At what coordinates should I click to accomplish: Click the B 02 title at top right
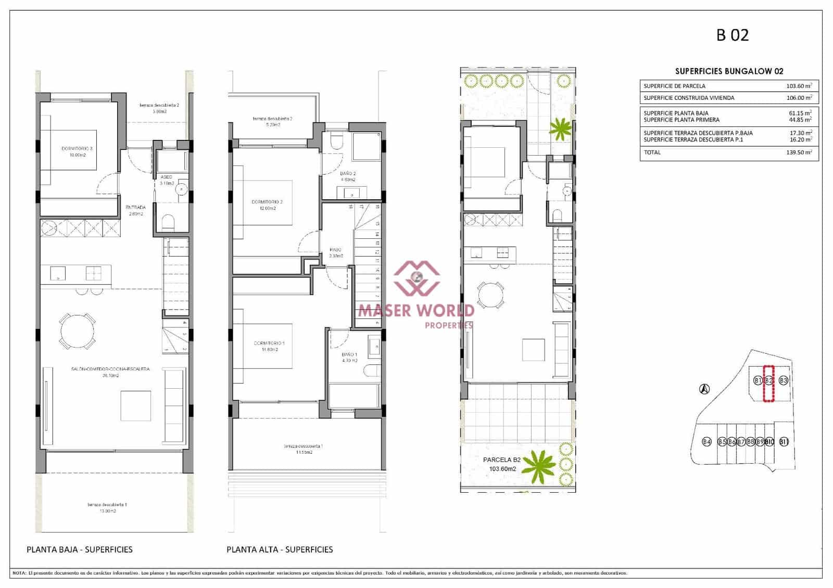pyautogui.click(x=733, y=35)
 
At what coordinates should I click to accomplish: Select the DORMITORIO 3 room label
pyautogui.click(x=77, y=149)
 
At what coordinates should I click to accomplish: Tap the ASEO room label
pyautogui.click(x=166, y=177)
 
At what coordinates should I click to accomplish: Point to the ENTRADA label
pyautogui.click(x=135, y=208)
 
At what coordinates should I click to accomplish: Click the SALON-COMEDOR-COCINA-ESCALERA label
pyautogui.click(x=110, y=369)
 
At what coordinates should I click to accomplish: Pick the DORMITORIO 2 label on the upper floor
pyautogui.click(x=267, y=202)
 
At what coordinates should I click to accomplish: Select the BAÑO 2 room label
pyautogui.click(x=348, y=174)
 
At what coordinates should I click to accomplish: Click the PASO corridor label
pyautogui.click(x=336, y=249)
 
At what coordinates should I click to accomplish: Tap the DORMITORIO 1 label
pyautogui.click(x=269, y=343)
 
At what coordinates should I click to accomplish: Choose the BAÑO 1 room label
pyautogui.click(x=349, y=355)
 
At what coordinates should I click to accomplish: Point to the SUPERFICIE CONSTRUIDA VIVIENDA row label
pyautogui.click(x=689, y=98)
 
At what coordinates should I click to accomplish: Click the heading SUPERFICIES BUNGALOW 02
pyautogui.click(x=729, y=71)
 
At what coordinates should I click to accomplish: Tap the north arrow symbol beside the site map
pyautogui.click(x=704, y=388)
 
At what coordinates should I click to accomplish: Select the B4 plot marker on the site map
pyautogui.click(x=706, y=442)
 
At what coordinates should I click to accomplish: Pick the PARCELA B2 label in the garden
pyautogui.click(x=501, y=460)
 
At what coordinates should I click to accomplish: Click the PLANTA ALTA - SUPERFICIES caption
pyautogui.click(x=280, y=549)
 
